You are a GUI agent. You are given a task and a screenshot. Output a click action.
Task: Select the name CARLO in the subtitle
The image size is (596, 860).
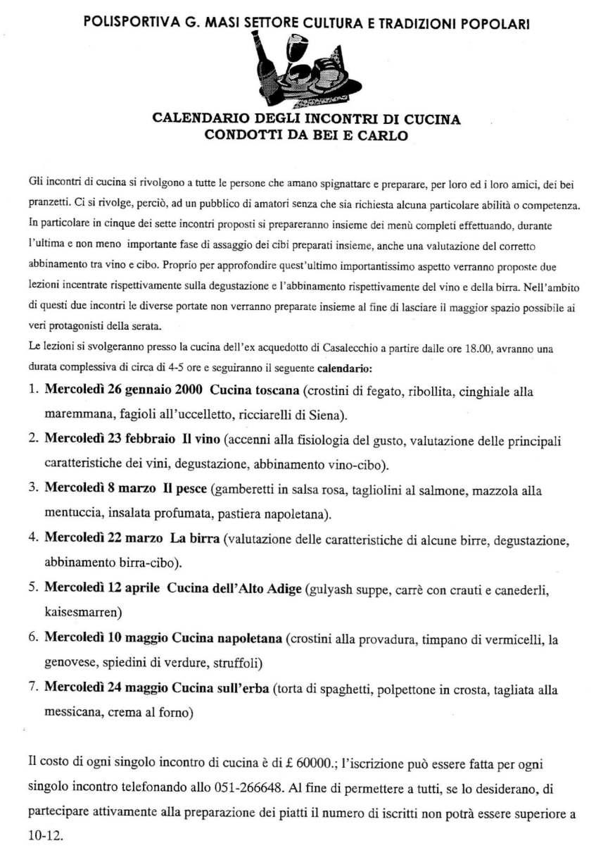point(383,135)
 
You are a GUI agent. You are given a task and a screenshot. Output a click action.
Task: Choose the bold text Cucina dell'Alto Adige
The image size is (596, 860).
point(234,588)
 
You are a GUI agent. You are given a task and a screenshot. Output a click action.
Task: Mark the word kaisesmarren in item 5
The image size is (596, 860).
point(83,610)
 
